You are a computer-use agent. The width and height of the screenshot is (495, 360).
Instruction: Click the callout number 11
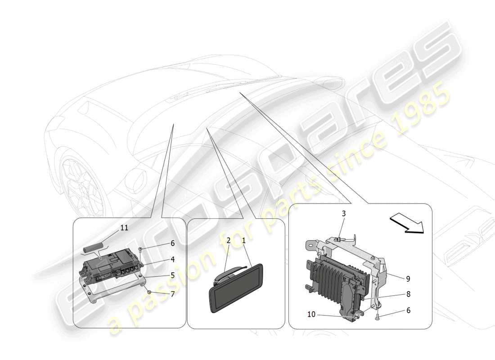(x=124, y=228)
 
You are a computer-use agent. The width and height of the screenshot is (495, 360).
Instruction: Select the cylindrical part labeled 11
(x=94, y=247)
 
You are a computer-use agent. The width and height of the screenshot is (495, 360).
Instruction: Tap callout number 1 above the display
(x=243, y=241)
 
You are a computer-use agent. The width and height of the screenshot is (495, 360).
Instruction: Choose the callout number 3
(x=343, y=213)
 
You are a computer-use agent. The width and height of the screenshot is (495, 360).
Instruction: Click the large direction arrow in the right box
(x=407, y=224)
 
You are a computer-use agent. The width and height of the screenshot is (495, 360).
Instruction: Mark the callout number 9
(x=408, y=279)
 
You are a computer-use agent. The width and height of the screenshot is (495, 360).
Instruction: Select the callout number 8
(x=408, y=294)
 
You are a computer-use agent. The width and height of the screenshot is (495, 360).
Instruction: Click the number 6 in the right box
(x=408, y=310)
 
